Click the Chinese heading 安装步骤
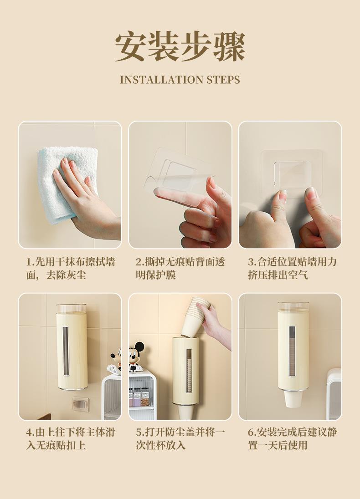pos(180,47)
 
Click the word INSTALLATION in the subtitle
pos(161,80)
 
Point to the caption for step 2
pos(180,268)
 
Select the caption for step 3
pos(292,268)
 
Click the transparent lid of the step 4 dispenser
pos(72,308)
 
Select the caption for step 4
pos(71,438)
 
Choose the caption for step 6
pos(292,438)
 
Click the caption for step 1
pos(71,268)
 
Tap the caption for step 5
pos(180,438)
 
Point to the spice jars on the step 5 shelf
pos(139,397)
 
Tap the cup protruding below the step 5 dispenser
pos(185,412)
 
